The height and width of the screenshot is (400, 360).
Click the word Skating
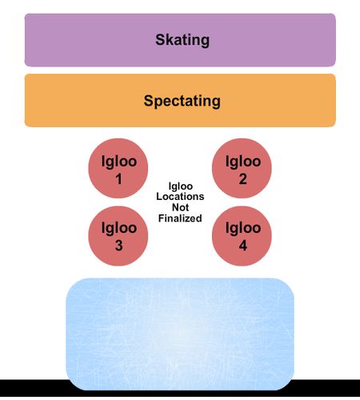point(182,40)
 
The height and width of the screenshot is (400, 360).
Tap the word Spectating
point(182,102)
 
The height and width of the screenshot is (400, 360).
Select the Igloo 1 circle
point(118,168)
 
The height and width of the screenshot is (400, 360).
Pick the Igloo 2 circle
point(242,168)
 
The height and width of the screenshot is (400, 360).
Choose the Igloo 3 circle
point(118,236)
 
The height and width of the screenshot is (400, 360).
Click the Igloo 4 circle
point(242,236)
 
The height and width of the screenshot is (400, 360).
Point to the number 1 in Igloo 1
point(119,179)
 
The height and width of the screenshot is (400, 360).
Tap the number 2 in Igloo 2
point(242,179)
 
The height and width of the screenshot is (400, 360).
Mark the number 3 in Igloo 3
point(119,246)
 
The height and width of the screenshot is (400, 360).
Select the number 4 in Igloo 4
point(243,246)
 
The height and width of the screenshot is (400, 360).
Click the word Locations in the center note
point(180,197)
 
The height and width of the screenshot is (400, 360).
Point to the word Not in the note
point(180,207)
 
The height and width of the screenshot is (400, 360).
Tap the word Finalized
point(180,218)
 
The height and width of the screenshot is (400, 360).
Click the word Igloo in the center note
point(181,186)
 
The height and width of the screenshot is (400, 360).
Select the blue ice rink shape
point(180,334)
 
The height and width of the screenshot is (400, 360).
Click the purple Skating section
point(180,40)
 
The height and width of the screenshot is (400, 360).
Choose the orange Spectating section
point(180,100)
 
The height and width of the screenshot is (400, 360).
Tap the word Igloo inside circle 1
point(119,162)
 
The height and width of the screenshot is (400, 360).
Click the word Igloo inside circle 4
point(243,229)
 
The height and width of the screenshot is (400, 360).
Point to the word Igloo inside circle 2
point(243,162)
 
